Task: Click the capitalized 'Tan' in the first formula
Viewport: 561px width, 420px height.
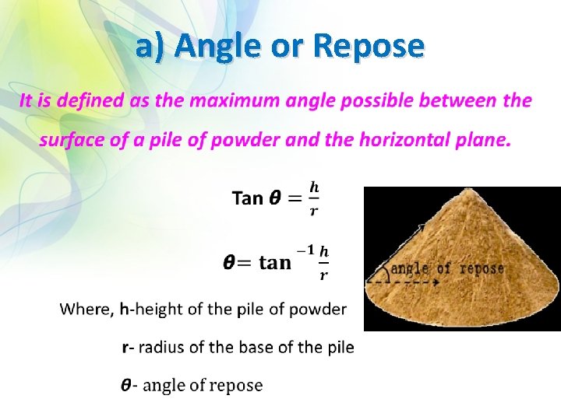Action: [x=248, y=198]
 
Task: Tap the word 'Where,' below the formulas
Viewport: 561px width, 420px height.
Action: [x=86, y=310]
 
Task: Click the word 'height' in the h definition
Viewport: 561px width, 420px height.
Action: [x=159, y=310]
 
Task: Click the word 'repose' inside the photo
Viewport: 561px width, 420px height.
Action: [x=482, y=268]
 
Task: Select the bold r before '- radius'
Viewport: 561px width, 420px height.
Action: [x=125, y=348]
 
